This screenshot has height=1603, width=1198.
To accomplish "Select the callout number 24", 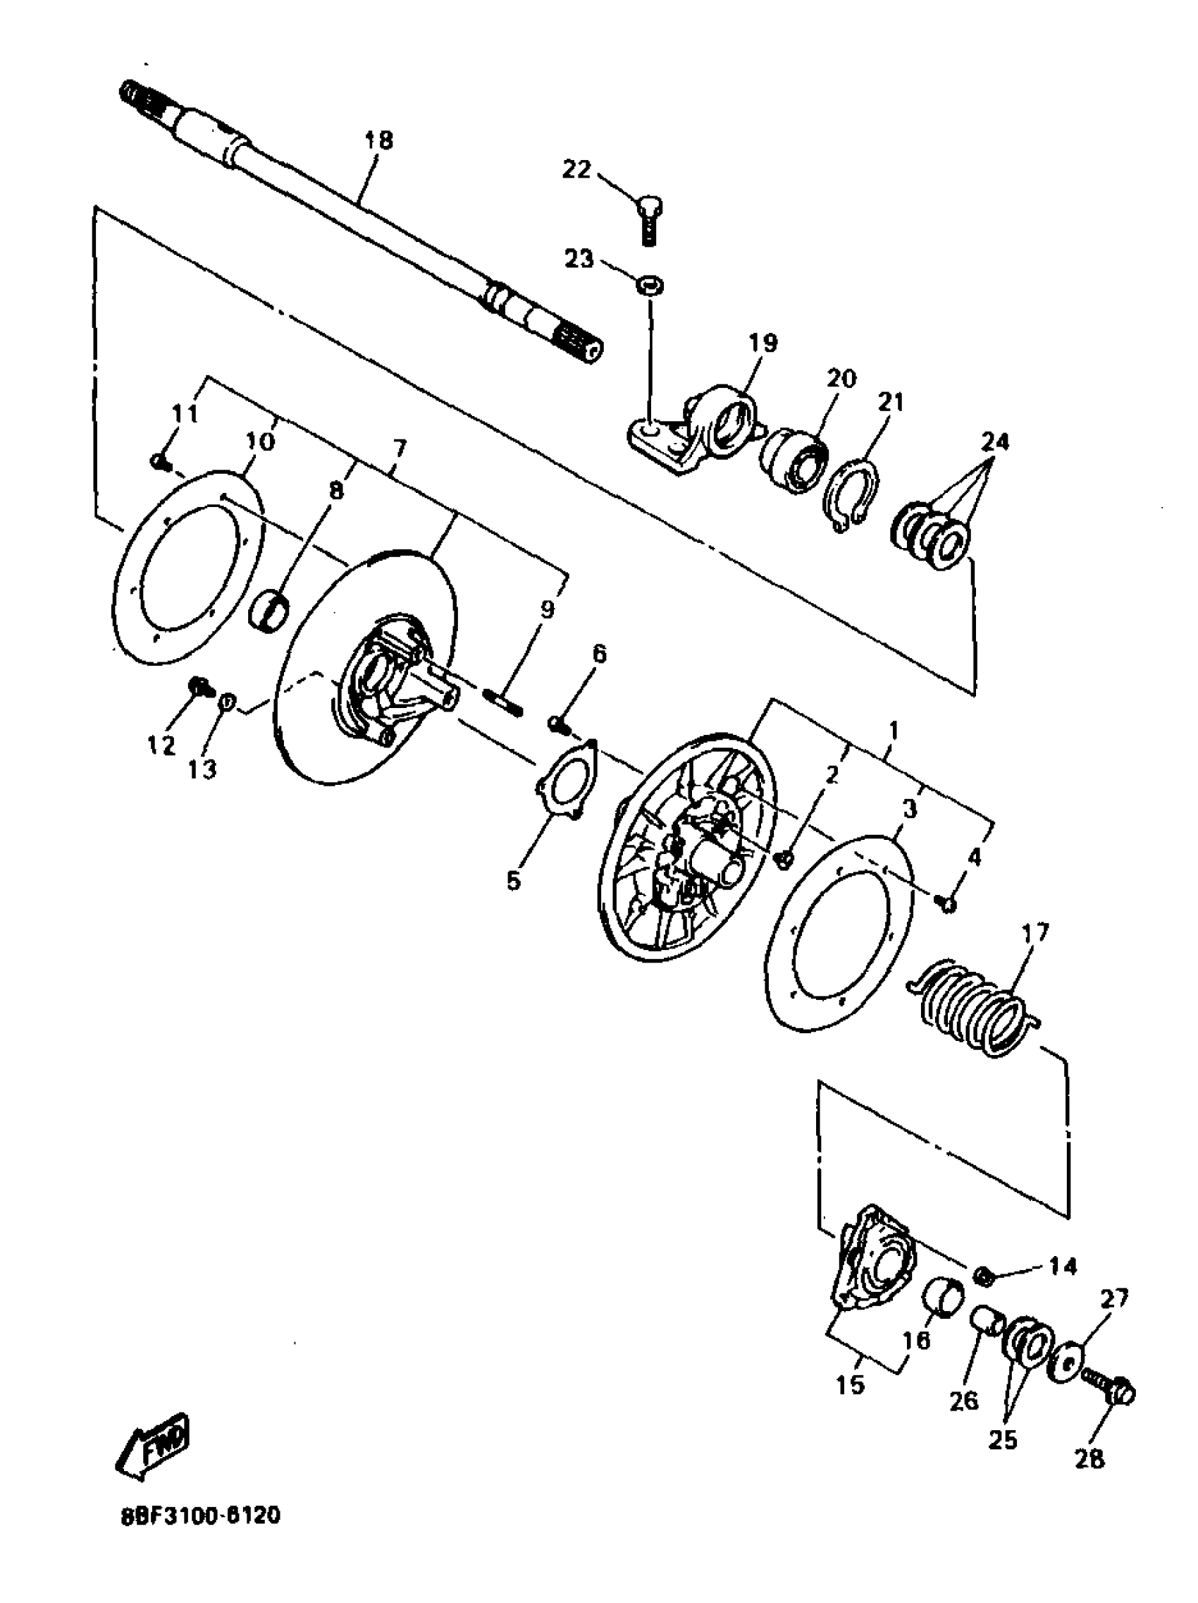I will coord(994,441).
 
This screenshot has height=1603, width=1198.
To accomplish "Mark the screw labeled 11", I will coord(157,459).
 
